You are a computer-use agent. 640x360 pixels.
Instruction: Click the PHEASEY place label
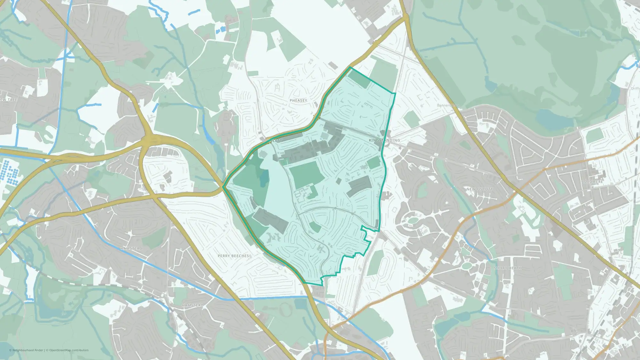point(298,100)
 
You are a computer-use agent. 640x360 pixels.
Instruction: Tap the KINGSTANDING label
point(384,140)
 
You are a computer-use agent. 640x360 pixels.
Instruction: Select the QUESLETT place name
point(272,141)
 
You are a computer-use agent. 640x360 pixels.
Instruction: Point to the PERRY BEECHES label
point(233,256)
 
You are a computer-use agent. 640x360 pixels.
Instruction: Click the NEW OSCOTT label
point(479,189)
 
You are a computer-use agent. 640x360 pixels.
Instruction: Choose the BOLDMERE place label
point(592,182)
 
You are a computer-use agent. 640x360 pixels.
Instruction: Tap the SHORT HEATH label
point(508,268)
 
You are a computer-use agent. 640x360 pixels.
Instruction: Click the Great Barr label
point(168,91)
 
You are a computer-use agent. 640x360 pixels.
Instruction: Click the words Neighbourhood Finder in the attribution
point(28,350)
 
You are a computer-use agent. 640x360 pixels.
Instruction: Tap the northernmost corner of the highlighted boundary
point(351,67)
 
